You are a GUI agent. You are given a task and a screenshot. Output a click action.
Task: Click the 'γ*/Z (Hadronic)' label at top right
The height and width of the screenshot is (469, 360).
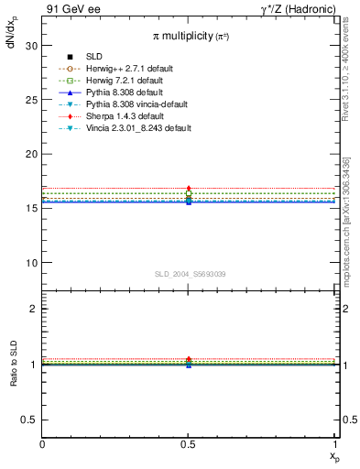pyautogui.click(x=300, y=9)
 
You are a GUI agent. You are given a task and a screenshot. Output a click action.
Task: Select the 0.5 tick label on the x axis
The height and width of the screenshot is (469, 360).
pyautogui.click(x=189, y=444)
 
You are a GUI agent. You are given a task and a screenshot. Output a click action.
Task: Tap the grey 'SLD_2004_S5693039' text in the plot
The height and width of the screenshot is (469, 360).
pyautogui.click(x=188, y=274)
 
